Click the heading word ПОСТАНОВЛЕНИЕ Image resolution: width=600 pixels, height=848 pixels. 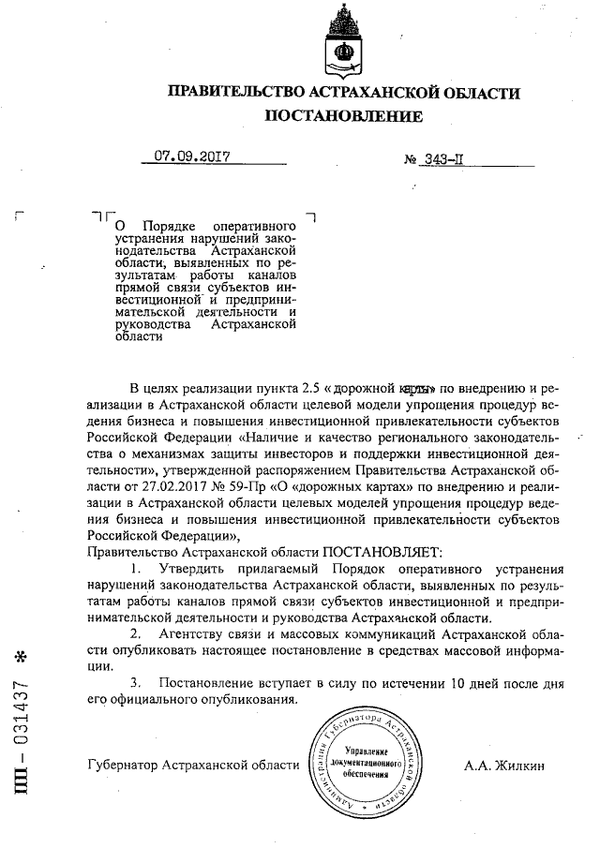(x=344, y=116)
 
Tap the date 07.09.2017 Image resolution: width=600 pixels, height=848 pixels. (x=192, y=156)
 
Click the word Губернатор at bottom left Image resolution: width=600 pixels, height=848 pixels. (x=122, y=765)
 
